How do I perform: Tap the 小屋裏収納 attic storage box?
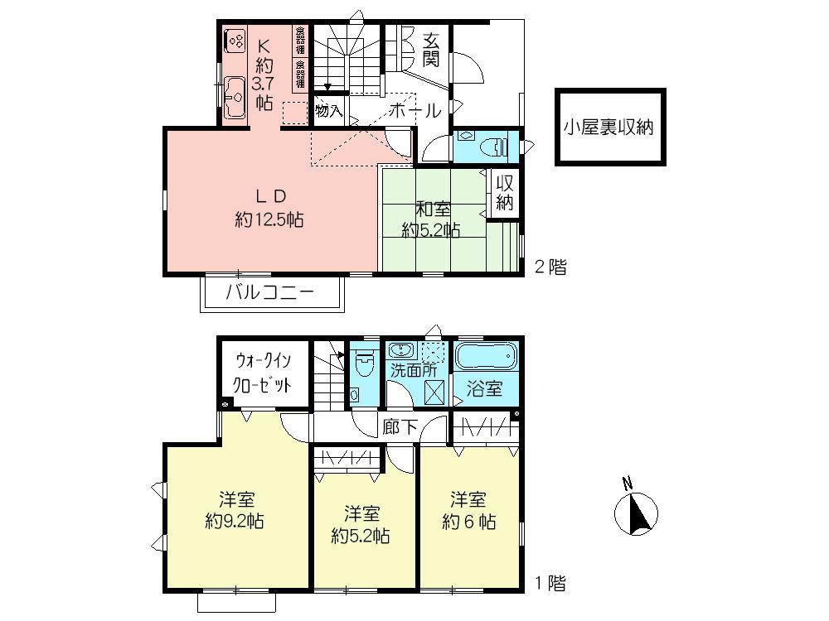(x=610, y=127)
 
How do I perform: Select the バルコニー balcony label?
(x=270, y=293)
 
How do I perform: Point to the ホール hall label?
(x=413, y=110)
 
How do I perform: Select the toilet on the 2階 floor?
(x=496, y=147)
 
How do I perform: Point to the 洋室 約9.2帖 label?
(x=236, y=511)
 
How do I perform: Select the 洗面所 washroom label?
(x=413, y=371)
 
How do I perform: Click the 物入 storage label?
(x=328, y=110)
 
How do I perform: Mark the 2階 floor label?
(x=550, y=267)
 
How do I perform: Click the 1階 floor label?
(x=550, y=583)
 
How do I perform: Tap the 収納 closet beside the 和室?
(x=505, y=194)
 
